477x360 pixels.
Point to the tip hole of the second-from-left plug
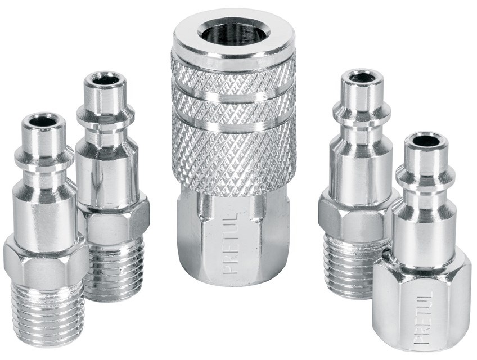coord(105,80)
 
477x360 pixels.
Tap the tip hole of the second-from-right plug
coord(362,77)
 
